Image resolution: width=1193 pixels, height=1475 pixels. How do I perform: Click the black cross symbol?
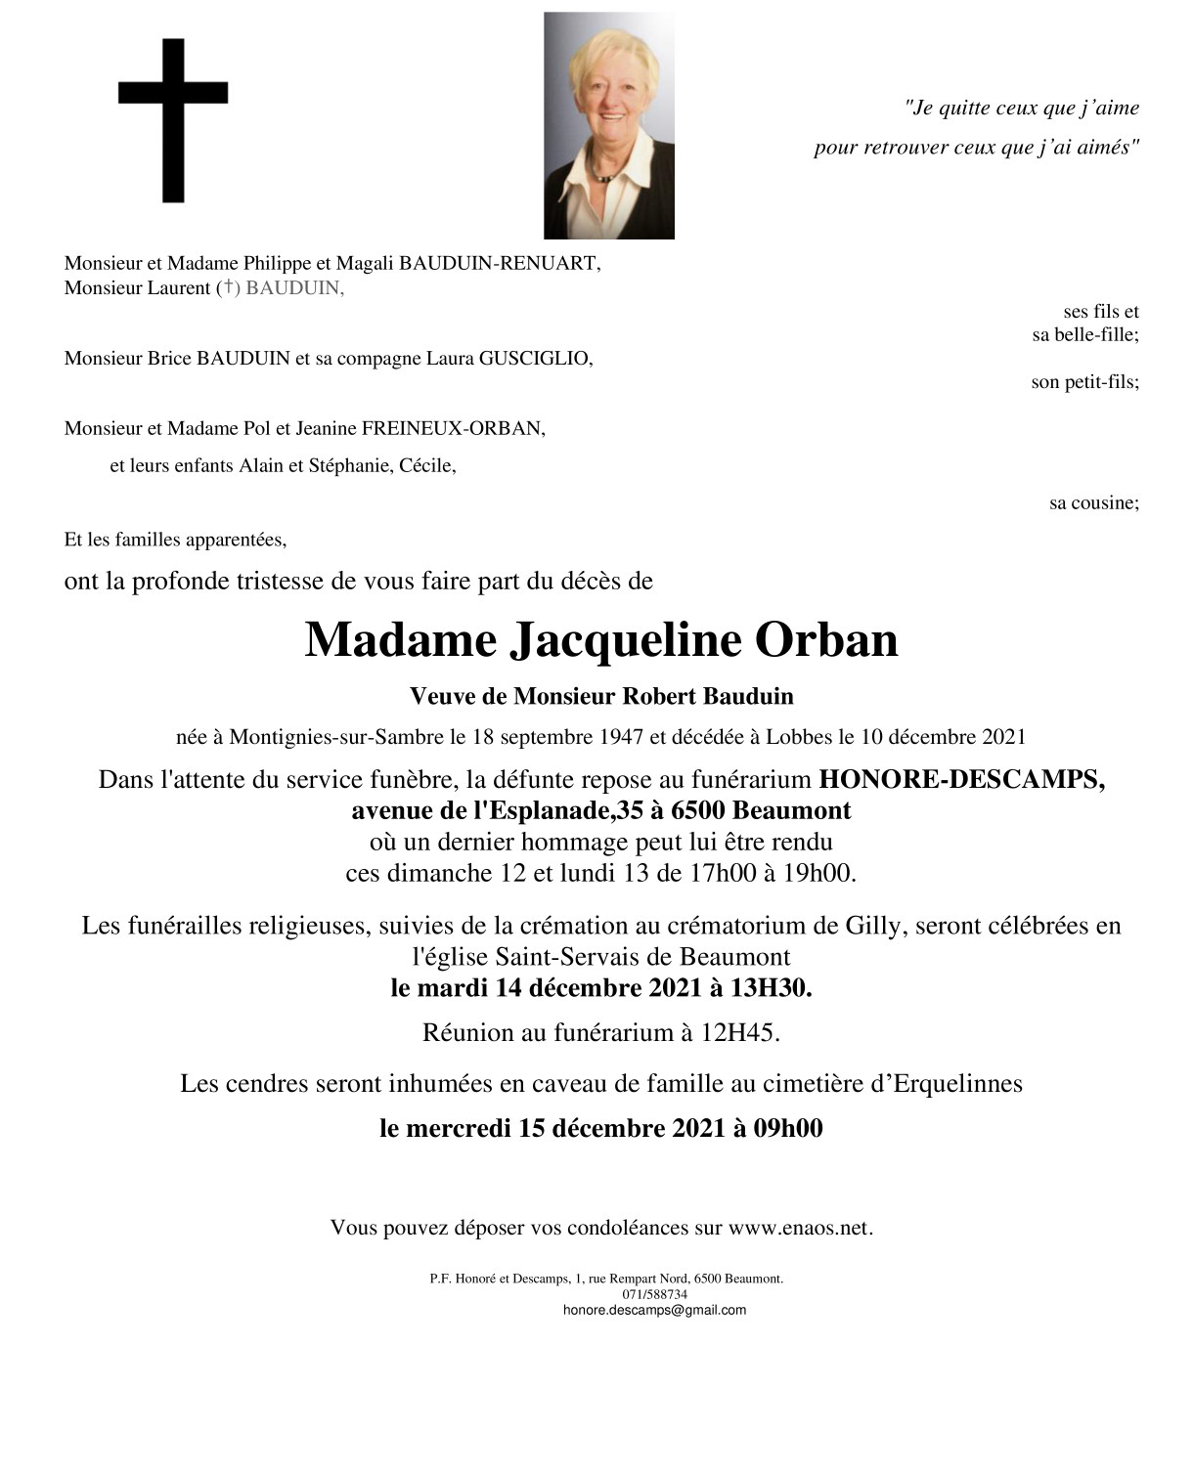click(173, 119)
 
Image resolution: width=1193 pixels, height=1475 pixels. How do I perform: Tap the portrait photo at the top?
click(608, 125)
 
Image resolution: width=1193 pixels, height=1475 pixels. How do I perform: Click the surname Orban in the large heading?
click(826, 640)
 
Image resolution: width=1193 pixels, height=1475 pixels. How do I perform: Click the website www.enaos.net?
click(799, 1228)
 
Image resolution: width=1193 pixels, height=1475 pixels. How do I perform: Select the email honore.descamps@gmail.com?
click(654, 1310)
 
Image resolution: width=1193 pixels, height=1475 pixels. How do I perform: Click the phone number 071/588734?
click(654, 1294)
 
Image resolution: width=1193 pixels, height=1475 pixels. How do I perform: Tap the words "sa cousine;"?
click(1093, 503)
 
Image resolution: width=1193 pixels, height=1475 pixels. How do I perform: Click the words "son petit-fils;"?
click(1084, 382)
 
